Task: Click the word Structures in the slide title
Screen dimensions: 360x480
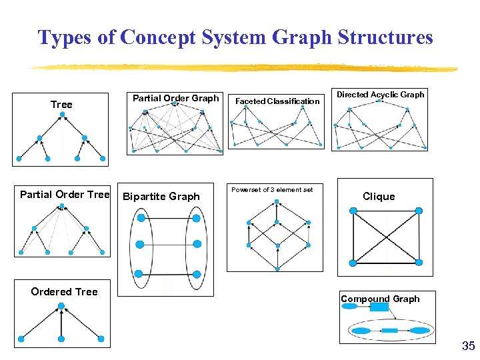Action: tap(385, 37)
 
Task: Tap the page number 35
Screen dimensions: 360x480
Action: tap(468, 346)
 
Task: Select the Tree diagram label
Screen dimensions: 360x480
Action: tap(61, 105)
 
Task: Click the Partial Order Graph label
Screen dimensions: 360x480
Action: tap(175, 98)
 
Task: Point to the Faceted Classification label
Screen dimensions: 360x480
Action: tap(277, 101)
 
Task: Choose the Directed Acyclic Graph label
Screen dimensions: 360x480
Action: tap(380, 95)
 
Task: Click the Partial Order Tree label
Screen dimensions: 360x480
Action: tap(65, 195)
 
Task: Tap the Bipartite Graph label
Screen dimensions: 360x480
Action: tap(161, 196)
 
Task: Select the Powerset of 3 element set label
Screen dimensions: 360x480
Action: tap(272, 190)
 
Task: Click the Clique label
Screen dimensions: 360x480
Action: tap(379, 196)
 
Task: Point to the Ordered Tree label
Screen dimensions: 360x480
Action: tap(64, 291)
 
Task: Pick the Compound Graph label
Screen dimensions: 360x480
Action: tap(380, 299)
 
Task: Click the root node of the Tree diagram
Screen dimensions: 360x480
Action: tap(62, 115)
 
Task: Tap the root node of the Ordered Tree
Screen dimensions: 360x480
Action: tap(61, 306)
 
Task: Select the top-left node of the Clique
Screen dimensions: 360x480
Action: tap(353, 211)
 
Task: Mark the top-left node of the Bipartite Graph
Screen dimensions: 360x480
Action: tap(141, 217)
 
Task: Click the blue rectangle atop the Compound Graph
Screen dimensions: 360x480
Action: tap(379, 307)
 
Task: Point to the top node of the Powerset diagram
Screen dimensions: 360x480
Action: tap(276, 203)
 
